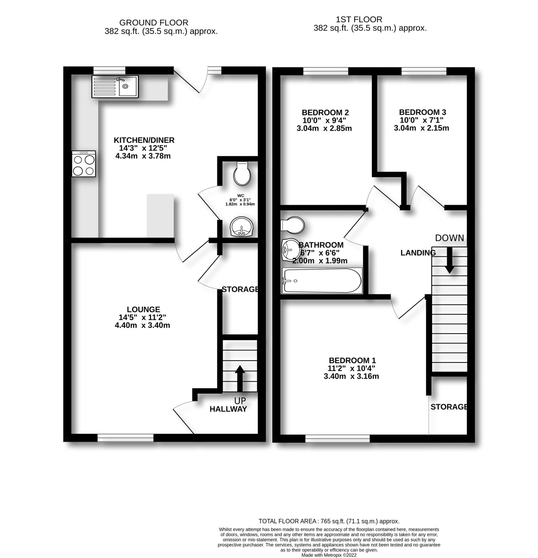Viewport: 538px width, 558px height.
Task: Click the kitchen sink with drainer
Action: tap(115, 86)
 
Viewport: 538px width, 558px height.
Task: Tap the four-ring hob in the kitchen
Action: tap(83, 164)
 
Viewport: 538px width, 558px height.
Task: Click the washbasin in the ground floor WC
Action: tap(242, 226)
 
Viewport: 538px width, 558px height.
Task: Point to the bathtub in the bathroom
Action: tap(321, 281)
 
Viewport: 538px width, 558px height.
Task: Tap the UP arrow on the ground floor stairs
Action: tap(239, 378)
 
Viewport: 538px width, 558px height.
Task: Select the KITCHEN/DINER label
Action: tap(144, 140)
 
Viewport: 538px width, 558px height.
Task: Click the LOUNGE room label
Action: tap(143, 309)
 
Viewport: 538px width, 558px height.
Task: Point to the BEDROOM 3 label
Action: tap(422, 112)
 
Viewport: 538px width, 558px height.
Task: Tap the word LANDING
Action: tap(418, 253)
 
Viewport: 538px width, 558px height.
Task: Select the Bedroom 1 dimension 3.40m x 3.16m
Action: tap(351, 376)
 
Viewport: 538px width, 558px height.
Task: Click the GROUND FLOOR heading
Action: tap(154, 23)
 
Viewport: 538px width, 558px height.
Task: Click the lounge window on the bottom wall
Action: tap(125, 438)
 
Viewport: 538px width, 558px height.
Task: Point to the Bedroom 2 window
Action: tap(325, 71)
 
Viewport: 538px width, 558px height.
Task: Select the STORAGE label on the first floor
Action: tap(448, 407)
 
